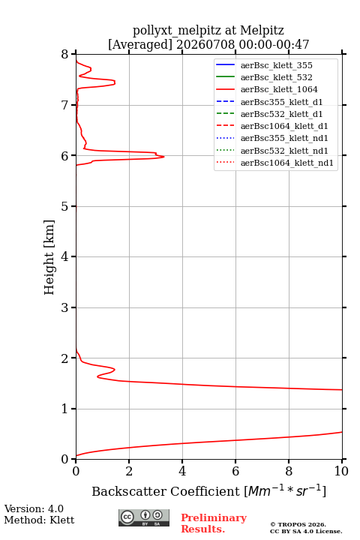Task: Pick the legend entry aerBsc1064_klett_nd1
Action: tap(274, 163)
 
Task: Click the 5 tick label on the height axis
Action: tap(65, 207)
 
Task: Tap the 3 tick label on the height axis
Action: tap(65, 307)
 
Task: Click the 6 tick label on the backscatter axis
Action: tap(235, 471)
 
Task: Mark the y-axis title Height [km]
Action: tap(49, 257)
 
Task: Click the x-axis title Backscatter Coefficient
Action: tap(165, 491)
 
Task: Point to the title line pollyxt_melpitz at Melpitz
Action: tap(208, 30)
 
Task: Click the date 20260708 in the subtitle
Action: tap(205, 44)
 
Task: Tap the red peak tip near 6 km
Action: tap(164, 157)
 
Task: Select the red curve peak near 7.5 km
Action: tap(115, 82)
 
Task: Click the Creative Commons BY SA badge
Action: tap(144, 518)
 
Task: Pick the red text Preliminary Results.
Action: tap(214, 523)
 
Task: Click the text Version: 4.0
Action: tap(34, 508)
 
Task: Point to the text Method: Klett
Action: tap(39, 520)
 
